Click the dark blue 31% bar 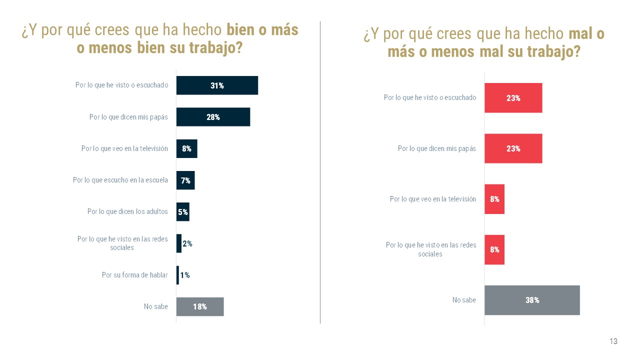point(217,85)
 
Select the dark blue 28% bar point(213,117)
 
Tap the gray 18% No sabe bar point(200,306)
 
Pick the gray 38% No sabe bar point(532,300)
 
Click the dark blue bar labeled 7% point(185,180)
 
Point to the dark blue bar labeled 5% point(183,212)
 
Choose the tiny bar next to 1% point(177,275)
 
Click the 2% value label point(187,244)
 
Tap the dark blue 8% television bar point(186,148)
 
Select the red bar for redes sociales point(494,249)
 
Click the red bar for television point(494,199)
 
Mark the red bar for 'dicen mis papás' point(513,148)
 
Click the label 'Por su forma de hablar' point(135,275)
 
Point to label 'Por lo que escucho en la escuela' point(120,180)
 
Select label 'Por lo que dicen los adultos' point(127,212)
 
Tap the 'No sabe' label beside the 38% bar point(464,300)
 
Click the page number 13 point(613,341)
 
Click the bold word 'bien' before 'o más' point(239,30)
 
